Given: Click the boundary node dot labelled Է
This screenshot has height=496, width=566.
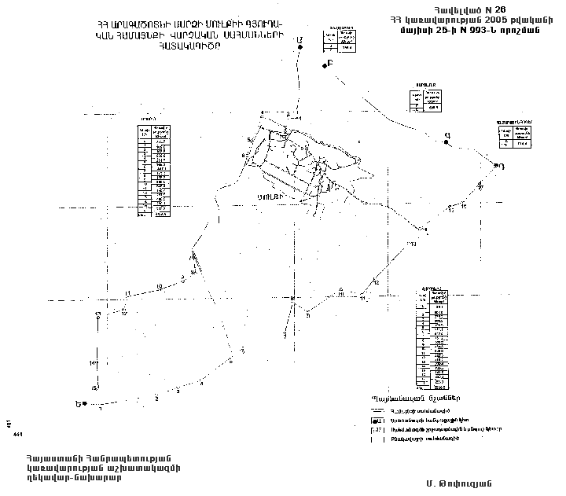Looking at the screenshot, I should (x=300, y=49).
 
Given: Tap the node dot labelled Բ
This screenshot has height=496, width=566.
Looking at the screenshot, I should (x=324, y=65).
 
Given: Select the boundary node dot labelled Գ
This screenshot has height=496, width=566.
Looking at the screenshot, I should (x=446, y=143).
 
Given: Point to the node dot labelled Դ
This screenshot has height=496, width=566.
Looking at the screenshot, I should (x=495, y=166).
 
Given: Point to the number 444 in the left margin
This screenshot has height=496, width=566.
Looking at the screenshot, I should (x=17, y=433).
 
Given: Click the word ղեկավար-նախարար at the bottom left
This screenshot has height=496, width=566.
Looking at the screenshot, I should (x=70, y=479).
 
